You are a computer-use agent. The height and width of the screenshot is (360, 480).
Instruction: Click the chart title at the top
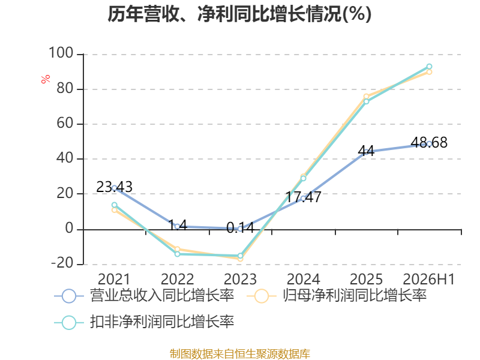(x=239, y=14)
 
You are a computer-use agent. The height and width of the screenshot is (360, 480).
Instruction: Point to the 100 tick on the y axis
(x=61, y=53)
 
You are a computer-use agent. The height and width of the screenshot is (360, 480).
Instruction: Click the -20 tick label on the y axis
(x=62, y=263)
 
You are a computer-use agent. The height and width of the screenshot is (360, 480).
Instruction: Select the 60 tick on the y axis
(x=65, y=123)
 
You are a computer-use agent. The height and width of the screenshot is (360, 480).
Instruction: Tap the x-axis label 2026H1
(x=428, y=279)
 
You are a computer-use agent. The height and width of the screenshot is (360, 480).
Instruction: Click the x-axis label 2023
(x=241, y=279)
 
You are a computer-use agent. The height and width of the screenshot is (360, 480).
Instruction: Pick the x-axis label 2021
(x=114, y=279)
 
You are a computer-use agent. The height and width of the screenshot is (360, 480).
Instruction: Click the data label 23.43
(x=114, y=187)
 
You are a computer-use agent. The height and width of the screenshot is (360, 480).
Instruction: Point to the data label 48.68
(x=429, y=142)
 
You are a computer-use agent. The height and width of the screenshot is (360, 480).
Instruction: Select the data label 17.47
(x=303, y=197)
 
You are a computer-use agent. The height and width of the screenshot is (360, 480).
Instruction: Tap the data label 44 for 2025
(x=366, y=151)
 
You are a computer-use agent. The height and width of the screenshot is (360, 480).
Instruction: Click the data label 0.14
(x=241, y=228)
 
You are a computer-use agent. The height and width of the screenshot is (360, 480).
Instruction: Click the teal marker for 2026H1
(x=429, y=67)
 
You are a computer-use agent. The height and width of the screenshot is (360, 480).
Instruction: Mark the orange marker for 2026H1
(x=429, y=72)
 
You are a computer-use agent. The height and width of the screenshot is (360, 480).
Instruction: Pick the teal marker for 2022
(x=177, y=254)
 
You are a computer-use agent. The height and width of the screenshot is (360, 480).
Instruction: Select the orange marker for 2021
(x=115, y=210)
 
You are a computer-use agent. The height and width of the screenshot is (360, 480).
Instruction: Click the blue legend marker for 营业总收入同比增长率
(x=69, y=296)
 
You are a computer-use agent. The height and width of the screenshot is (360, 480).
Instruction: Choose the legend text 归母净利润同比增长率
(x=355, y=295)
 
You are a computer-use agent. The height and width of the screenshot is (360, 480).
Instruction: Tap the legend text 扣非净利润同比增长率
(x=162, y=322)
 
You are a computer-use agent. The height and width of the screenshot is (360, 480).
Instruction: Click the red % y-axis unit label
(x=46, y=79)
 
